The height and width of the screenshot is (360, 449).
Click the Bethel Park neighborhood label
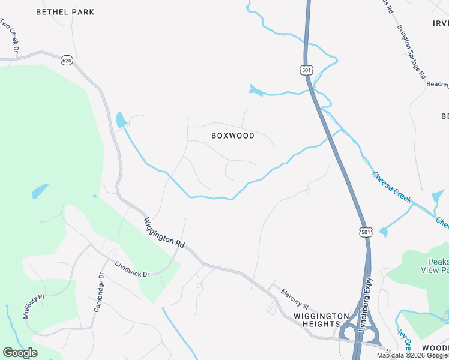pos(65,12)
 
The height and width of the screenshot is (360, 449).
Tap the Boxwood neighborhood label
pos(233,136)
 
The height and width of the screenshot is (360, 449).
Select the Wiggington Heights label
pos(321,320)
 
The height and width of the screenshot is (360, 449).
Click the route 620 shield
pos(67,60)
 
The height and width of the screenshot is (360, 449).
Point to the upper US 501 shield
pos(307,71)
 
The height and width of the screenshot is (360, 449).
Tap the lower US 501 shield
pos(365,231)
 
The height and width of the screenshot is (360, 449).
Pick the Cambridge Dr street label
pos(98,292)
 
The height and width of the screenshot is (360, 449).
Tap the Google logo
pos(20,353)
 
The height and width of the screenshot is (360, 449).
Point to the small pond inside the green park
pos(39,191)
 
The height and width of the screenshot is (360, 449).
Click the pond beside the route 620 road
pos(121,119)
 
